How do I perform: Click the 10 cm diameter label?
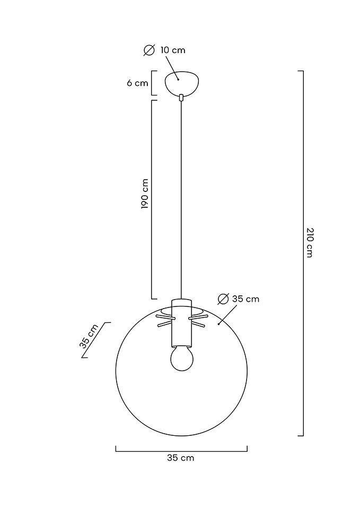pos(173,50)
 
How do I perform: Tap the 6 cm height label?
pos(137,83)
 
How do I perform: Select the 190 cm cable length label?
pos(145,194)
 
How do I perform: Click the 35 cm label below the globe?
pos(180,458)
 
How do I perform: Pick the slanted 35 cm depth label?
pos(89,336)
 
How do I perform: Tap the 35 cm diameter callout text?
pos(245,299)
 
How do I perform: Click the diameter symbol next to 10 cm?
pos(149,50)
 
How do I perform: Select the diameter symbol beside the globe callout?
pos(223,299)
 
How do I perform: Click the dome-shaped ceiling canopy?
pos(182,83)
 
